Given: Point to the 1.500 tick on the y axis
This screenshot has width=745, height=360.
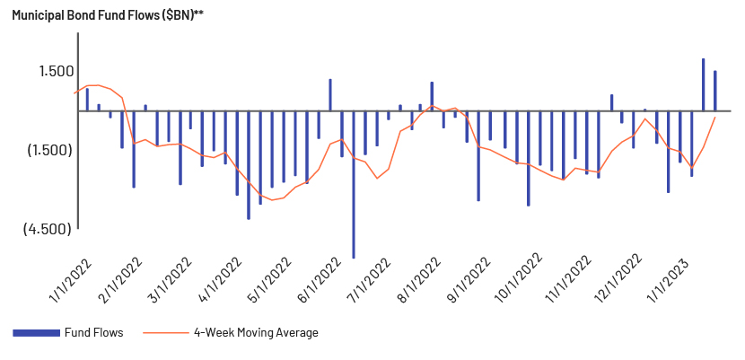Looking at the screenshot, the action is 56,71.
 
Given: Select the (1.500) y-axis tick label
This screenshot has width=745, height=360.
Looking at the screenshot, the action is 50,150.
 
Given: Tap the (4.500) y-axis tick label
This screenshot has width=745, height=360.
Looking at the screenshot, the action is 48,229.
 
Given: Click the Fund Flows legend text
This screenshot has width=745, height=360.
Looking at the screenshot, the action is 93,332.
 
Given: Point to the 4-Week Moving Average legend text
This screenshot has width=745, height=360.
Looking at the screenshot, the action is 256,332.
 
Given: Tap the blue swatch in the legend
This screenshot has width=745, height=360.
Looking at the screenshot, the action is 36,332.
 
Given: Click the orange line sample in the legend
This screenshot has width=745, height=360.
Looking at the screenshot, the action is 165,332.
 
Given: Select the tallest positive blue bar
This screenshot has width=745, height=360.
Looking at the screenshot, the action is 703,84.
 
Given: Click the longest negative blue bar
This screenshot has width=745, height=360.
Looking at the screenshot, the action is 354,185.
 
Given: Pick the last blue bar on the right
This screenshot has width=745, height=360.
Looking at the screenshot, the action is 715,91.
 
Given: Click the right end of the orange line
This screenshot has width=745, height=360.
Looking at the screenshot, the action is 715,117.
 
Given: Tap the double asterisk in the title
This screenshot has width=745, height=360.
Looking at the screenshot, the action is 198,13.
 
